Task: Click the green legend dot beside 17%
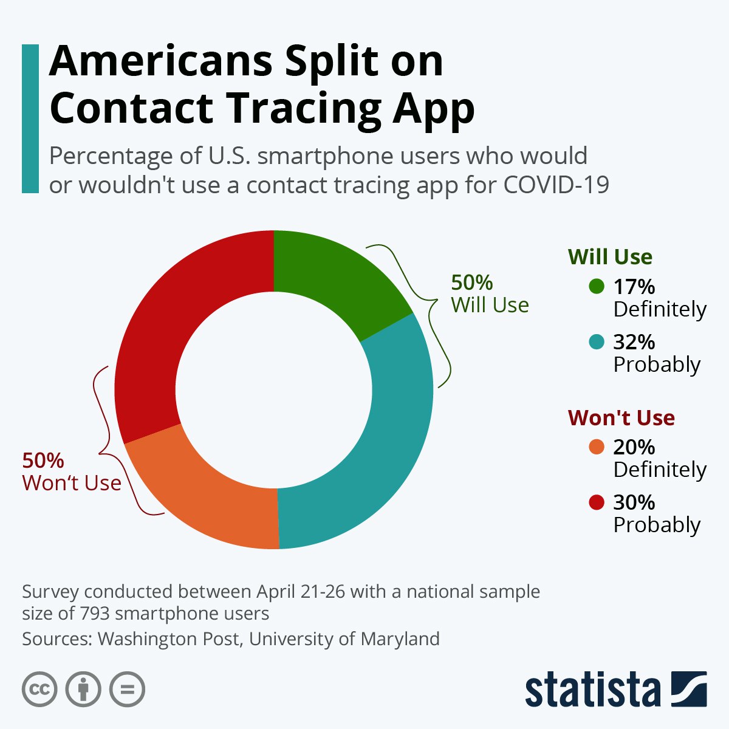(x=597, y=286)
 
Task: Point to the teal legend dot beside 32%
(x=597, y=343)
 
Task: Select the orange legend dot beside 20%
(x=597, y=448)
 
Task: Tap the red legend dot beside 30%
(x=597, y=503)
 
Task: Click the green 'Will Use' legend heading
(x=610, y=257)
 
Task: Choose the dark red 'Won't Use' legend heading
(x=621, y=418)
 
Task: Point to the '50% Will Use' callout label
(x=490, y=294)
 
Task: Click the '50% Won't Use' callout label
(x=71, y=472)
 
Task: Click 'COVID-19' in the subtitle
(x=556, y=185)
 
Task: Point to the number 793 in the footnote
(x=94, y=614)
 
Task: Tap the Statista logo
(x=615, y=690)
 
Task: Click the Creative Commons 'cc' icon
(x=39, y=690)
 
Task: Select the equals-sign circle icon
(x=127, y=690)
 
